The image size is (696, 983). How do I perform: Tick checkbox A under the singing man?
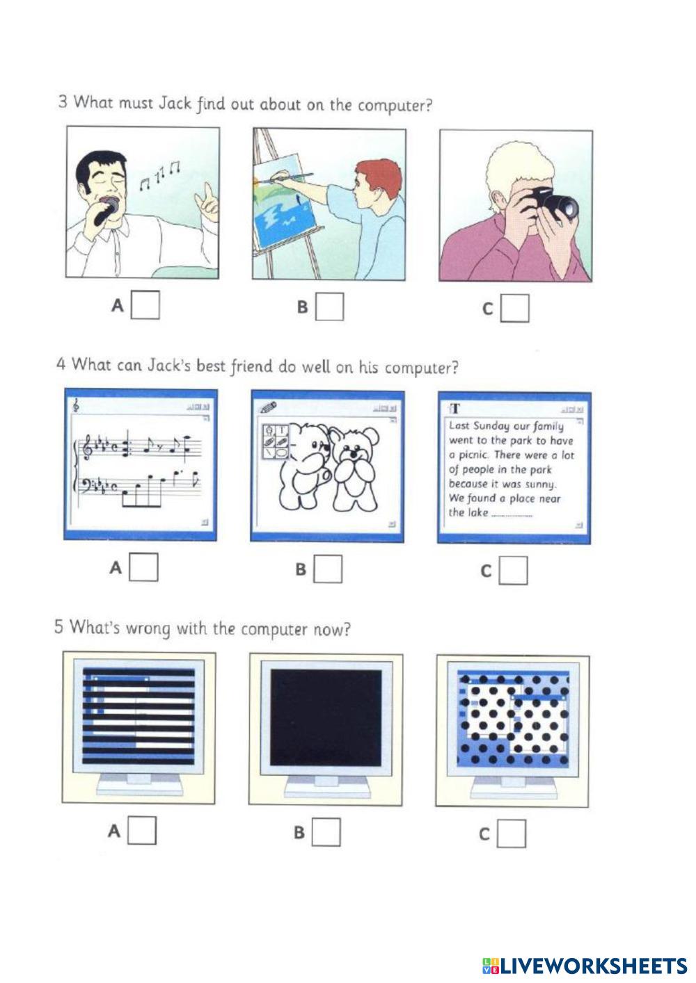tap(145, 304)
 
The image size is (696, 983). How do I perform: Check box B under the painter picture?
tap(329, 307)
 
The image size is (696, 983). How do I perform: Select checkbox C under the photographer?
tap(515, 308)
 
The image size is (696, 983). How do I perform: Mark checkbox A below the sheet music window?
tap(143, 567)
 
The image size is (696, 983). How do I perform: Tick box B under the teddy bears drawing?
tap(328, 569)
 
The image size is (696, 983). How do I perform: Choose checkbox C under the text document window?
tap(513, 571)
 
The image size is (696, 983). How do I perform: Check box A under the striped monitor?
tap(141, 830)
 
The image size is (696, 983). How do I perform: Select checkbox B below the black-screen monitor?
tap(326, 831)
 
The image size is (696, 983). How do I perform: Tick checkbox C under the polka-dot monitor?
tap(512, 833)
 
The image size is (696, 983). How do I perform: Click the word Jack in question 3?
tap(175, 104)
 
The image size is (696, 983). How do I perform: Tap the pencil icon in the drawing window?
tap(268, 407)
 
